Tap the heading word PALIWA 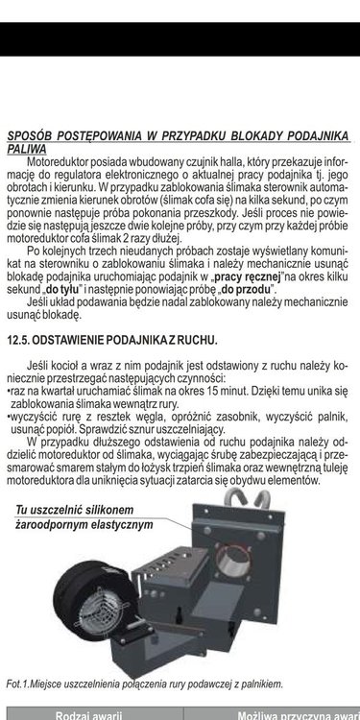pyautogui.click(x=26, y=149)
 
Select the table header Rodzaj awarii pyautogui.click(x=86, y=715)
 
